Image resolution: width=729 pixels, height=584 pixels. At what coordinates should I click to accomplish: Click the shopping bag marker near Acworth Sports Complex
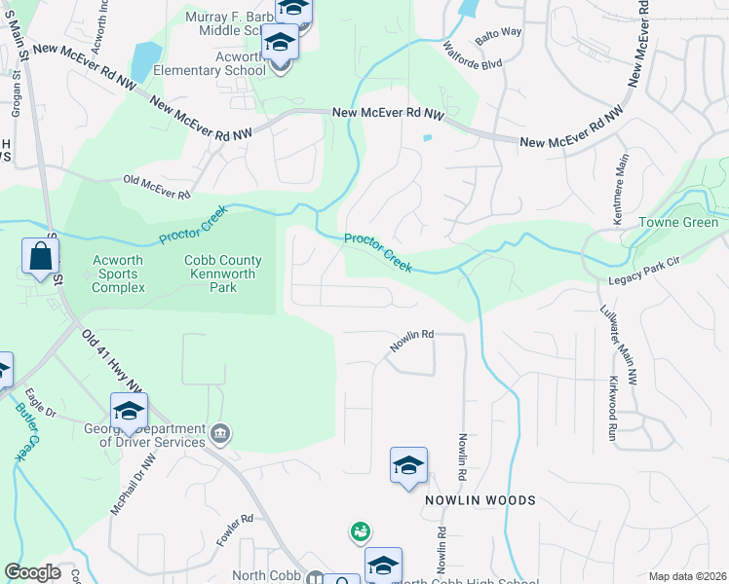point(41,258)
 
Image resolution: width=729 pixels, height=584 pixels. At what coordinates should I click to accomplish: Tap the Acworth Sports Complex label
point(118,274)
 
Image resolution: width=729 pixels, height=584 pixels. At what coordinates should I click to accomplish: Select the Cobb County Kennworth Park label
point(223,274)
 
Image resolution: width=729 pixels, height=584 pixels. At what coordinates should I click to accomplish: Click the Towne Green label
point(678,223)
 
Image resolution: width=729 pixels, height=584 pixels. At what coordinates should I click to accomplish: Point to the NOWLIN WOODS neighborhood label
point(480,500)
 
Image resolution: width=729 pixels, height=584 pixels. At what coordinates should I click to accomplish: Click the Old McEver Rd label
point(156,187)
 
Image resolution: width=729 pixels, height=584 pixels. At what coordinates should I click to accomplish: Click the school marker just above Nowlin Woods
point(408,466)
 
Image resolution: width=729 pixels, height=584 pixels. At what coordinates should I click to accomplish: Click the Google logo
point(33,572)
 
